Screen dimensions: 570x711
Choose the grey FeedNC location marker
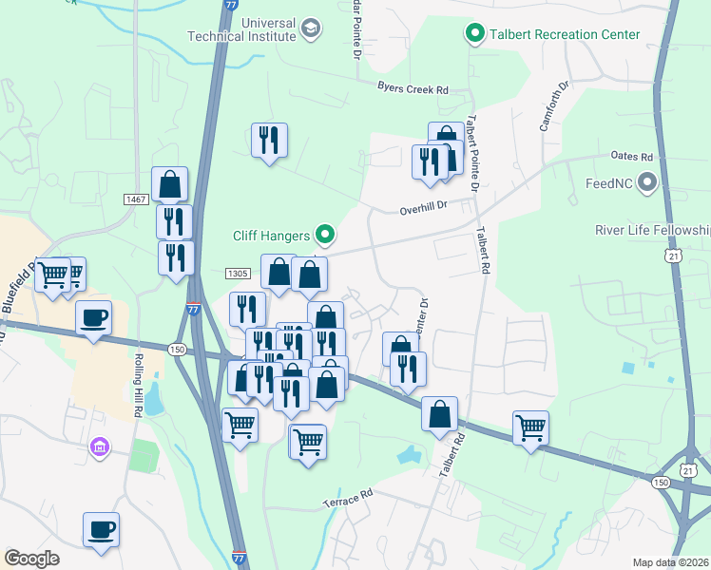click(x=649, y=181)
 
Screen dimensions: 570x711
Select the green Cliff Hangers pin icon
click(x=326, y=234)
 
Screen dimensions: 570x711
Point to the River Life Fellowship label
click(x=652, y=230)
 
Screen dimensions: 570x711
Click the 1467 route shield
click(x=135, y=199)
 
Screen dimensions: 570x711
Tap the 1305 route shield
click(x=238, y=274)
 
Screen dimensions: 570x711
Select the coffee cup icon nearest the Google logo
click(x=101, y=529)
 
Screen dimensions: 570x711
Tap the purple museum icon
click(x=99, y=446)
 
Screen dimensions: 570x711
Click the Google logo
click(x=31, y=559)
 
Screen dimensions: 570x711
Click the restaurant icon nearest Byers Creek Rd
click(x=269, y=141)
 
